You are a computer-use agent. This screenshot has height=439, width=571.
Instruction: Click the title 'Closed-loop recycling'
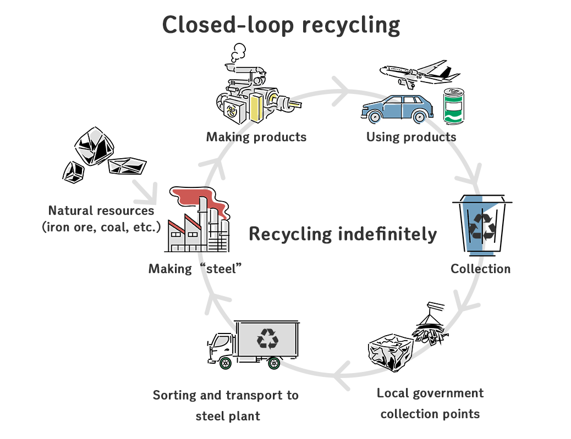coord(281,25)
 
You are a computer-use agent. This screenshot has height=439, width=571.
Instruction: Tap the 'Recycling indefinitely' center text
coord(342,234)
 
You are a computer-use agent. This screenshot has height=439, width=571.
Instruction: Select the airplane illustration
coord(420,72)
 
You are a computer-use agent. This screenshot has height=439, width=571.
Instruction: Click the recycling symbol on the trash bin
coord(482,226)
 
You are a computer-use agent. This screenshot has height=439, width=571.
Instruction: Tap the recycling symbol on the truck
coord(268,338)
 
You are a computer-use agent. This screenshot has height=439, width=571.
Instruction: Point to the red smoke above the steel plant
coord(195,198)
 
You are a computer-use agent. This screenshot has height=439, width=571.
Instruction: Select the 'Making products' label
coord(256,137)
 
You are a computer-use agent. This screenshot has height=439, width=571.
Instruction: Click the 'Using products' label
coord(411,137)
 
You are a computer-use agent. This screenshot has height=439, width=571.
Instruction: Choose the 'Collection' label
coord(480,269)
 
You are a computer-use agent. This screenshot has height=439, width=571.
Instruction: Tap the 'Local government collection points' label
coord(430,403)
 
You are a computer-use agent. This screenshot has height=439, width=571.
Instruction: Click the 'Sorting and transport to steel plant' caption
coord(226,405)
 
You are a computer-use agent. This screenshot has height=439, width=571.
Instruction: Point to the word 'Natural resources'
coord(101,210)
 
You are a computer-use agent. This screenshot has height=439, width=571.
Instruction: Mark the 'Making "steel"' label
coord(195,269)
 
